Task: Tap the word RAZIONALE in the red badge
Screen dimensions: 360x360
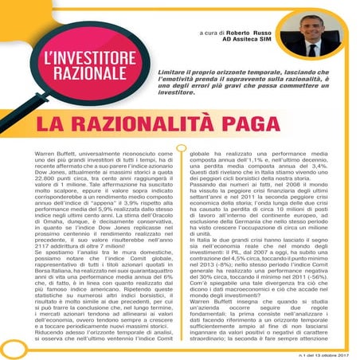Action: pyautogui.click(x=92, y=77)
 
